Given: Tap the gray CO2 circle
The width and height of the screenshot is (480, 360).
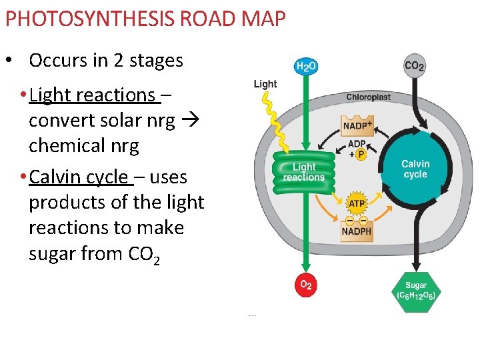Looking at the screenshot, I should coord(415,65).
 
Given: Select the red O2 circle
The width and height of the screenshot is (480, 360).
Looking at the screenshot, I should coord(305,285).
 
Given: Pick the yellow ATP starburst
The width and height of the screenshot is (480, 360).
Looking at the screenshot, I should coord(357,203).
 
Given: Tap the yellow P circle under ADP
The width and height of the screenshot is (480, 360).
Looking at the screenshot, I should coord(362,155).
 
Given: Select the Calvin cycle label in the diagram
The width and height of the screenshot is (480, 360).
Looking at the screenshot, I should coord(415,169).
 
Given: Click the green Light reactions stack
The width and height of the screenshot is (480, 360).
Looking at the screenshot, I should coord(304,173).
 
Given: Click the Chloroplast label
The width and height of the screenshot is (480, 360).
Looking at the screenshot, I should coord(368,97).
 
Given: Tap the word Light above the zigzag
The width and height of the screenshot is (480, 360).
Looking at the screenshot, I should coord(265,84).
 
